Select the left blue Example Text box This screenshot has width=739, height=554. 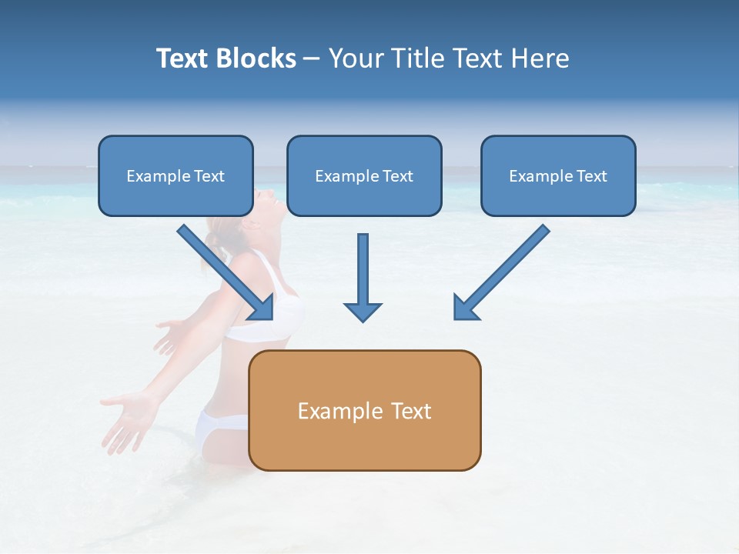pos(176,175)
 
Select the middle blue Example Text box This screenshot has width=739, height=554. pos(364,175)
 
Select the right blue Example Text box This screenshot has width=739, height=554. pos(558,175)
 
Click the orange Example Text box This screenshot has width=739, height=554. pos(364,411)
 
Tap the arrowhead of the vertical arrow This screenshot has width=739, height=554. pos(363,312)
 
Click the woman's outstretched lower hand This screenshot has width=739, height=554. pos(127,419)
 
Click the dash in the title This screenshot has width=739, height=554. pos(312,59)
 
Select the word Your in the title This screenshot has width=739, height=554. pos(356,58)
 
